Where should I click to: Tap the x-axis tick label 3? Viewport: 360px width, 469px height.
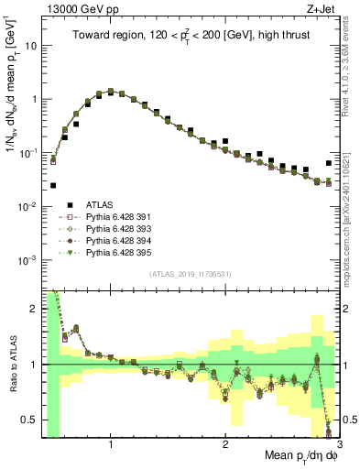tap(339, 444)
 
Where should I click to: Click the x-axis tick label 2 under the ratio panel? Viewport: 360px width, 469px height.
tap(225, 444)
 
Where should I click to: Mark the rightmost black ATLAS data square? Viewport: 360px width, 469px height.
tap(329, 162)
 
